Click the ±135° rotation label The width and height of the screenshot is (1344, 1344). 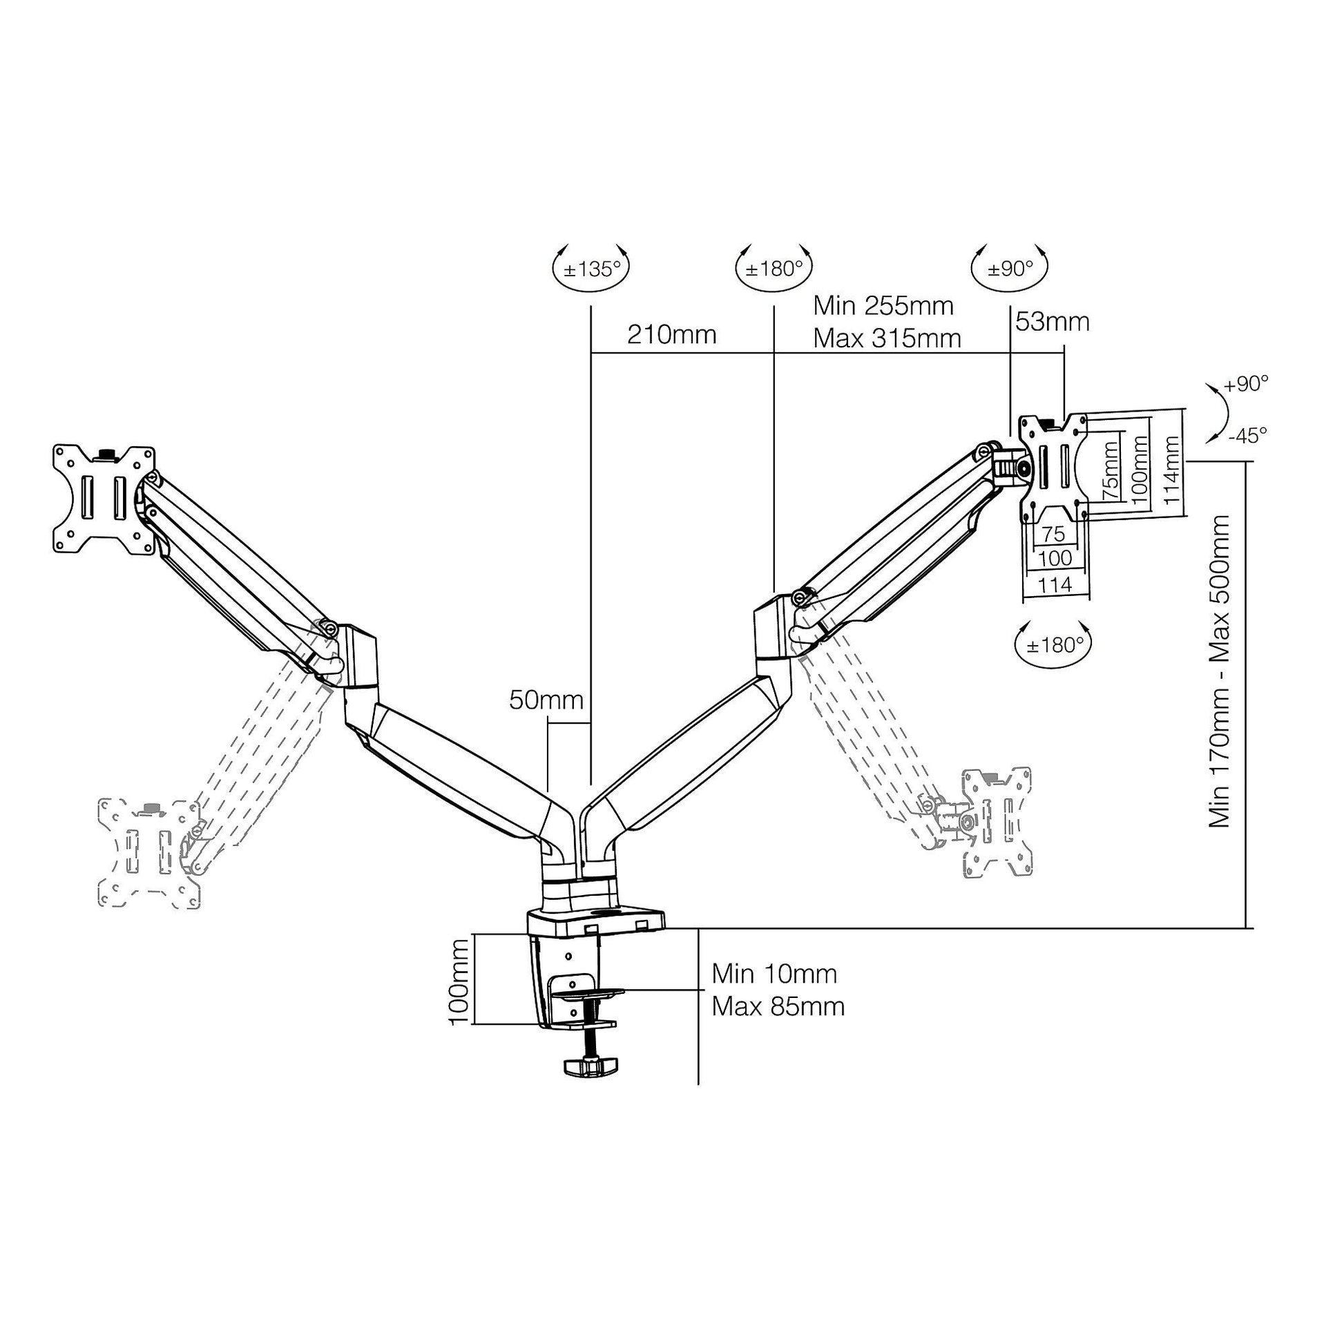coord(591,269)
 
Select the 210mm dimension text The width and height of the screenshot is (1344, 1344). coord(671,334)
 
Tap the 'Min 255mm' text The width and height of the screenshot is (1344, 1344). coord(883,305)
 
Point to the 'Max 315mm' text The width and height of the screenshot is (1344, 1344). coord(887,339)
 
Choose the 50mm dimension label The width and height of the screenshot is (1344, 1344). coord(546,700)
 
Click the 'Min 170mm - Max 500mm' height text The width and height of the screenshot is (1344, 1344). coord(1220,671)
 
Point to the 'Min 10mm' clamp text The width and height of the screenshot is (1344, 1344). coord(774,974)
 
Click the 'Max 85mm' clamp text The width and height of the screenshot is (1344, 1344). coord(777,1006)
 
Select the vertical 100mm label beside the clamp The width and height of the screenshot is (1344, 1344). coord(459,981)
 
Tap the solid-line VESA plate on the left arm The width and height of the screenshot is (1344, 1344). coord(104,499)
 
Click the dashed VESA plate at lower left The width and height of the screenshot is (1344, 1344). coord(149,854)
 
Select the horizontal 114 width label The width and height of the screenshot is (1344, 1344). coord(1055,584)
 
